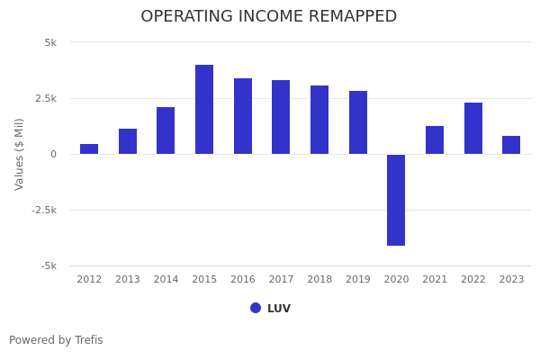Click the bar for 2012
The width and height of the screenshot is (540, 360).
pos(89,149)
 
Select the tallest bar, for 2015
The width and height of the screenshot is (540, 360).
pos(204,110)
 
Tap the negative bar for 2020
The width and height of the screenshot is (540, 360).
pos(396,200)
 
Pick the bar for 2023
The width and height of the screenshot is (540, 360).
pos(511,145)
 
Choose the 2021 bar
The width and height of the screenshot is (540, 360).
pos(435,140)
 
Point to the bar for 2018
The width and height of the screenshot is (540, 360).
pos(319,120)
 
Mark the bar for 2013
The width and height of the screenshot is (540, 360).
pos(128,141)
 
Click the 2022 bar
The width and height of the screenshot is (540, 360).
pos(473,129)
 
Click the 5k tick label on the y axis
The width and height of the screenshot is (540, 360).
pos(50,42)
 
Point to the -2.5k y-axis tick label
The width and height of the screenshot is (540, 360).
pos(45,210)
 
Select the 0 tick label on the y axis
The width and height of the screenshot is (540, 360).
pos(53,154)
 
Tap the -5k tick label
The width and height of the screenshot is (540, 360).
pos(49,265)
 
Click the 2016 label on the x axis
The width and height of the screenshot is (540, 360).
pos(243,280)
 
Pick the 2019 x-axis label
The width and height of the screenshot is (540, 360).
pos(358,280)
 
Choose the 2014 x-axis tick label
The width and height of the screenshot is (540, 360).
pos(166,280)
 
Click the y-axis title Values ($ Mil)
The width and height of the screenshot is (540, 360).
pos(20,154)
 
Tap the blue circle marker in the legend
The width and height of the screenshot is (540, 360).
pos(256,308)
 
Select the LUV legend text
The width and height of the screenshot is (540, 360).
pos(279,309)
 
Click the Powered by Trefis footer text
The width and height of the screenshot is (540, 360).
pos(56,340)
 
